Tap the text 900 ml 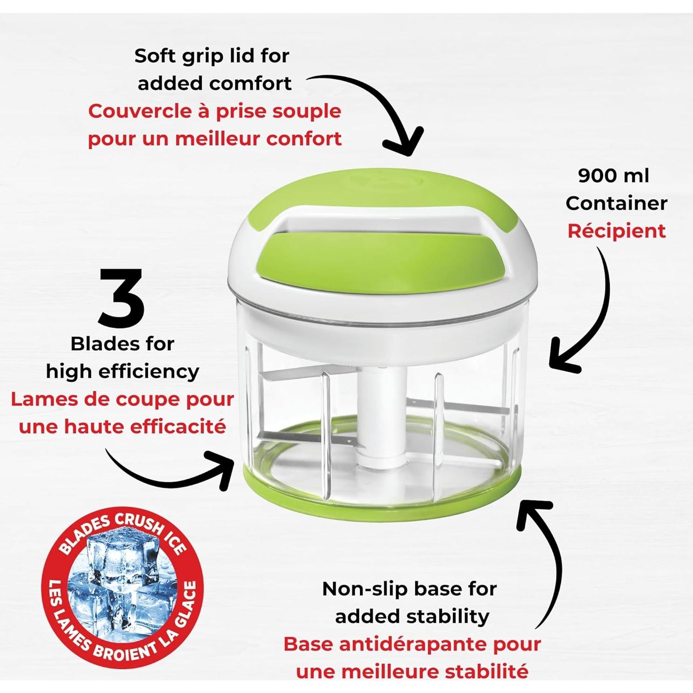point(613,176)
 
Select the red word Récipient point(616,231)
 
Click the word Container point(616,204)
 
